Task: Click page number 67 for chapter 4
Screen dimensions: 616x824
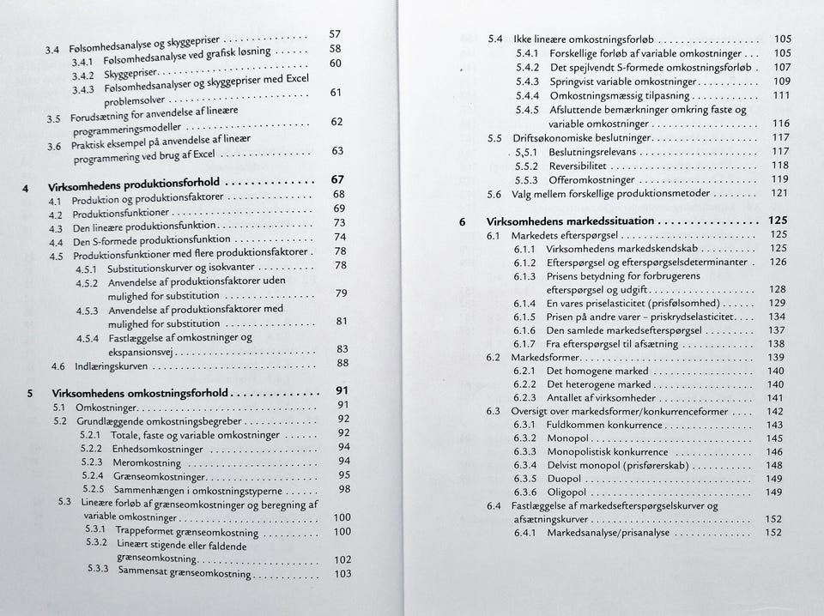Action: (338, 180)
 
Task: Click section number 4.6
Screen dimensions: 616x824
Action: (58, 366)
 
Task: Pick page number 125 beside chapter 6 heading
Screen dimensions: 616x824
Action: (778, 220)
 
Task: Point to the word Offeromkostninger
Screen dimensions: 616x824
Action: (591, 179)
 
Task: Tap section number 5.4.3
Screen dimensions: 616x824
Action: (526, 82)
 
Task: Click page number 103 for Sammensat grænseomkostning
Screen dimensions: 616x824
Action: (342, 574)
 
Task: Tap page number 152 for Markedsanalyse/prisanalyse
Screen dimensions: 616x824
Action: (773, 533)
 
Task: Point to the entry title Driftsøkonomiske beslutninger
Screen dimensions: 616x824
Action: (581, 138)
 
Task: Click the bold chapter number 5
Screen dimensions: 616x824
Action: (30, 394)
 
